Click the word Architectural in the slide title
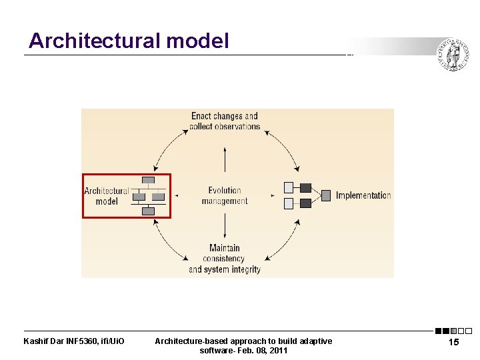(x=94, y=41)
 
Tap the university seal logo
(x=453, y=55)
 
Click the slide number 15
(x=453, y=342)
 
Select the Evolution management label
(x=225, y=195)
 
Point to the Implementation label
(x=363, y=195)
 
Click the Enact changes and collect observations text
(x=225, y=121)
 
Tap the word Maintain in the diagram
(x=225, y=248)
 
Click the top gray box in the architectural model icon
(x=148, y=181)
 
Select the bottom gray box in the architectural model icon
(x=148, y=211)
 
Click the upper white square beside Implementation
(x=289, y=187)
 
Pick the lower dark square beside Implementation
(x=305, y=203)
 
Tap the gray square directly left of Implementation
(x=325, y=195)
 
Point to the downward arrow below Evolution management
(x=225, y=230)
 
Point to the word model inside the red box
(x=107, y=201)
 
